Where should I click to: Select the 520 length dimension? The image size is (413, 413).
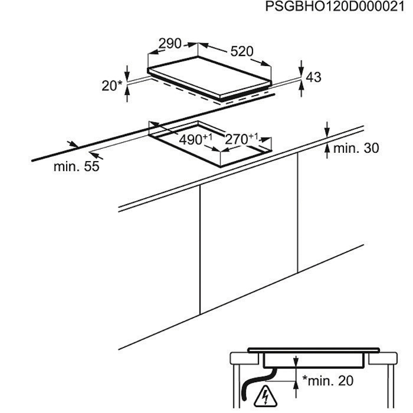[241, 52]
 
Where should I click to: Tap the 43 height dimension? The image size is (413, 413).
[314, 77]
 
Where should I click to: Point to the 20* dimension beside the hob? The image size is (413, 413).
[110, 86]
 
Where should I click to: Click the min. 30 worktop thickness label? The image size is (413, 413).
[356, 149]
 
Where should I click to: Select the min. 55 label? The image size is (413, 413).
[77, 166]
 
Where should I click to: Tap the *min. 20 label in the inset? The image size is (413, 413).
[327, 381]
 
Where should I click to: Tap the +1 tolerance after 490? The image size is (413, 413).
[207, 137]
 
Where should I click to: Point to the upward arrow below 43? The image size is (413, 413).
[303, 87]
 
